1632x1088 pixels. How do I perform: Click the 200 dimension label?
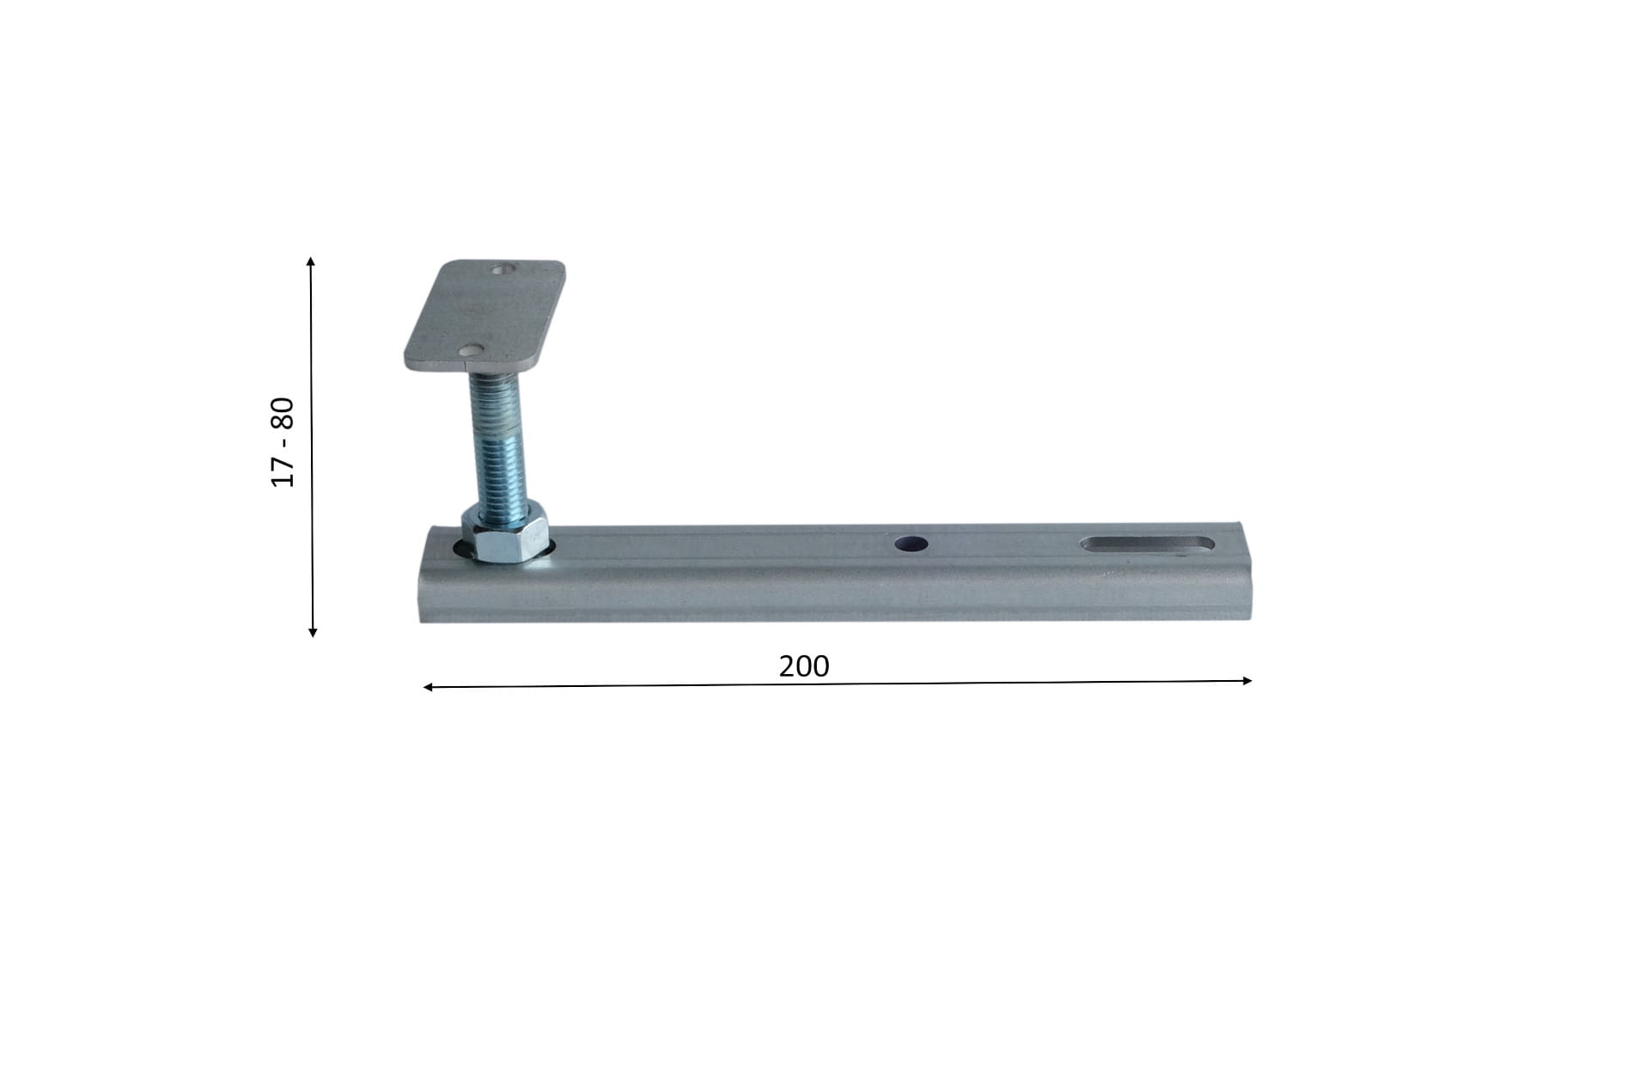coord(804,666)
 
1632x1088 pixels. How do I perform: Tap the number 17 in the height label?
coord(283,471)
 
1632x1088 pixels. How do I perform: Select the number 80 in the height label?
coord(283,414)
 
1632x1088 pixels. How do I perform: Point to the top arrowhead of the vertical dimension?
coord(311,260)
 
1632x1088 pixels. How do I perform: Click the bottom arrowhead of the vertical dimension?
coord(313,632)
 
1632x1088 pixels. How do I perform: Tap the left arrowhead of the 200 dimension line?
coord(429,687)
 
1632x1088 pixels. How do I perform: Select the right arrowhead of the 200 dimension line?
coord(1247,681)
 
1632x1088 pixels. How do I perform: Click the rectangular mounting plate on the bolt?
coord(484,315)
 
